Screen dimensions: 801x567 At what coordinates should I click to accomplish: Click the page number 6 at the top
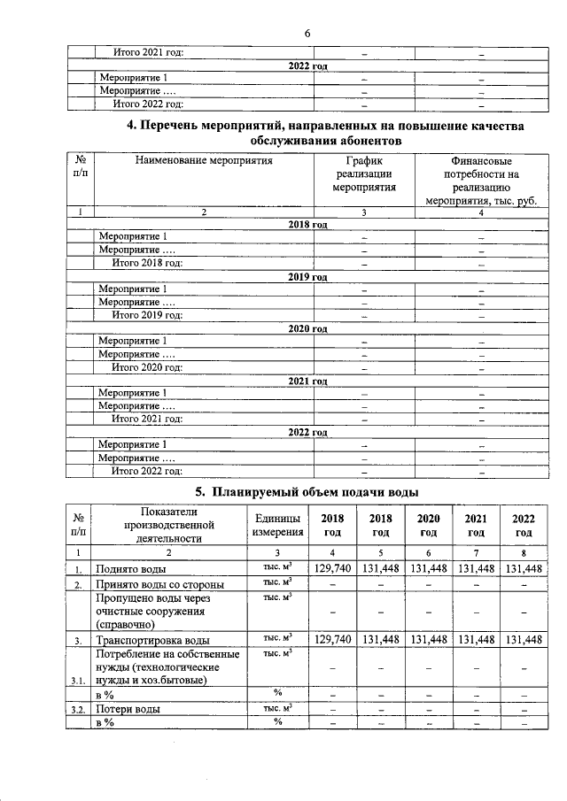[307, 33]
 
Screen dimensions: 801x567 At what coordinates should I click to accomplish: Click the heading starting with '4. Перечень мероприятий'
[325, 133]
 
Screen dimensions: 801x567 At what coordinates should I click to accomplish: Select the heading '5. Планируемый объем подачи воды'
[307, 491]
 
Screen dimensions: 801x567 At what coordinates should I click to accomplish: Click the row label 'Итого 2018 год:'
[147, 263]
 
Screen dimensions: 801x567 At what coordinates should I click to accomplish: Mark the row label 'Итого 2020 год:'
[147, 367]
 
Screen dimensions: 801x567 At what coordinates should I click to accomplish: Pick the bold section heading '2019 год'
[307, 277]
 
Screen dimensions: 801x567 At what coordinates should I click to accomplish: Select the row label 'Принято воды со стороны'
[159, 585]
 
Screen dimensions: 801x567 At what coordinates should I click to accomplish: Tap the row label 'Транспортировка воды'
[152, 640]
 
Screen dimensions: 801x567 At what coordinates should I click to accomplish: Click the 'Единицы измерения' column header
[276, 525]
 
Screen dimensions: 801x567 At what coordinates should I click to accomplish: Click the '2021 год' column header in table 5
[476, 525]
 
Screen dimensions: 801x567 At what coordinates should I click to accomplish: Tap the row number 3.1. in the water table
[79, 681]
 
